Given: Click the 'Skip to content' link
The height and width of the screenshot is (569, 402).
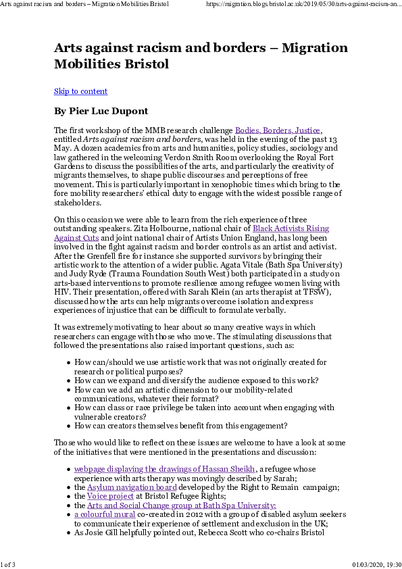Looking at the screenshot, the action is point(80,91).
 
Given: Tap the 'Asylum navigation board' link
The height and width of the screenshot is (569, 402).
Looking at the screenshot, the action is point(132,487).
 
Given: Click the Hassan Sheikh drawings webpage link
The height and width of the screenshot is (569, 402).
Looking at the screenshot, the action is point(164,469).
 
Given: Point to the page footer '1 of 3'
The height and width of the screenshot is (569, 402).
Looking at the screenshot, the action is point(9,564).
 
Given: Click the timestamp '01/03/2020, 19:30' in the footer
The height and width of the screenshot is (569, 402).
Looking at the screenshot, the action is point(376,564).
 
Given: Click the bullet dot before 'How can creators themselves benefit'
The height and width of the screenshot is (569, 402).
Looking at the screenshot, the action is point(70,426).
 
